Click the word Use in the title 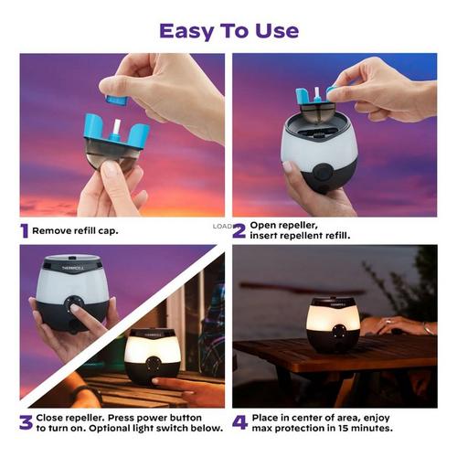277,31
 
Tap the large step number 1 25,230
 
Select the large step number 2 239,230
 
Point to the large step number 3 26,422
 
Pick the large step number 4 240,422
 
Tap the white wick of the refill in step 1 117,126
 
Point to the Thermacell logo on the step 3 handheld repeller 72,268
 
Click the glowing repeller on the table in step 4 333,324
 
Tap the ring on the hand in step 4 388,321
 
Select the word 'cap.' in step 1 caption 108,231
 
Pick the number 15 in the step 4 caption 345,428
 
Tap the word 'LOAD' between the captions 222,227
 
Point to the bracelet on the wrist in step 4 427,328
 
